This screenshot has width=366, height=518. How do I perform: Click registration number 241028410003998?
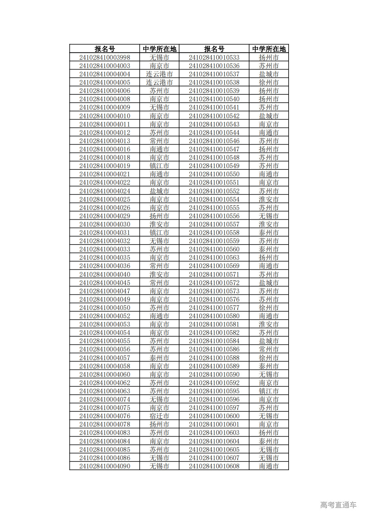[105, 57]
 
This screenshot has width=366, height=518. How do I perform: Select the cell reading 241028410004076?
[105, 416]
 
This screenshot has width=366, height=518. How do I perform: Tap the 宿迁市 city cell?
[159, 416]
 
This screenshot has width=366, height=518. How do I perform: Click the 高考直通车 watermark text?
[338, 505]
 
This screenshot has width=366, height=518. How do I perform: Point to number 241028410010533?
[214, 57]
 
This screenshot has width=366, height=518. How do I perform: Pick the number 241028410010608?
[214, 466]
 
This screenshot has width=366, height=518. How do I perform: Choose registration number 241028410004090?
[105, 466]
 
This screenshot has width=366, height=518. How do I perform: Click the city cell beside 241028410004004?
[159, 74]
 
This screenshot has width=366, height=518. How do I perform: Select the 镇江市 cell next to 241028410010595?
[269, 391]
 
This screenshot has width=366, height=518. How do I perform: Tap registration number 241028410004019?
[105, 166]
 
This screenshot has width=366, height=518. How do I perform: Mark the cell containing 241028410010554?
[214, 199]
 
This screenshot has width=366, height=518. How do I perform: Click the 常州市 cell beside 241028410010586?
[269, 349]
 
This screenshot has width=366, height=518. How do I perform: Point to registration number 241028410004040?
[105, 274]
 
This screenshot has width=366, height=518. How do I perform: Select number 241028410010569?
[214, 266]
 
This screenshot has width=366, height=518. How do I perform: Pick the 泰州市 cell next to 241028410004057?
[159, 358]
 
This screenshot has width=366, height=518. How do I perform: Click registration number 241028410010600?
[214, 416]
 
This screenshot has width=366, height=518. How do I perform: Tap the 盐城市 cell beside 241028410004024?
[159, 191]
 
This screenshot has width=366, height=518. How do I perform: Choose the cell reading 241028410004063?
[105, 391]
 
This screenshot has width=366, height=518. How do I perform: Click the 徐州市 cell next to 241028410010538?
[269, 82]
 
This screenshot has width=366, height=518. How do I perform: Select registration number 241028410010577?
[214, 308]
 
